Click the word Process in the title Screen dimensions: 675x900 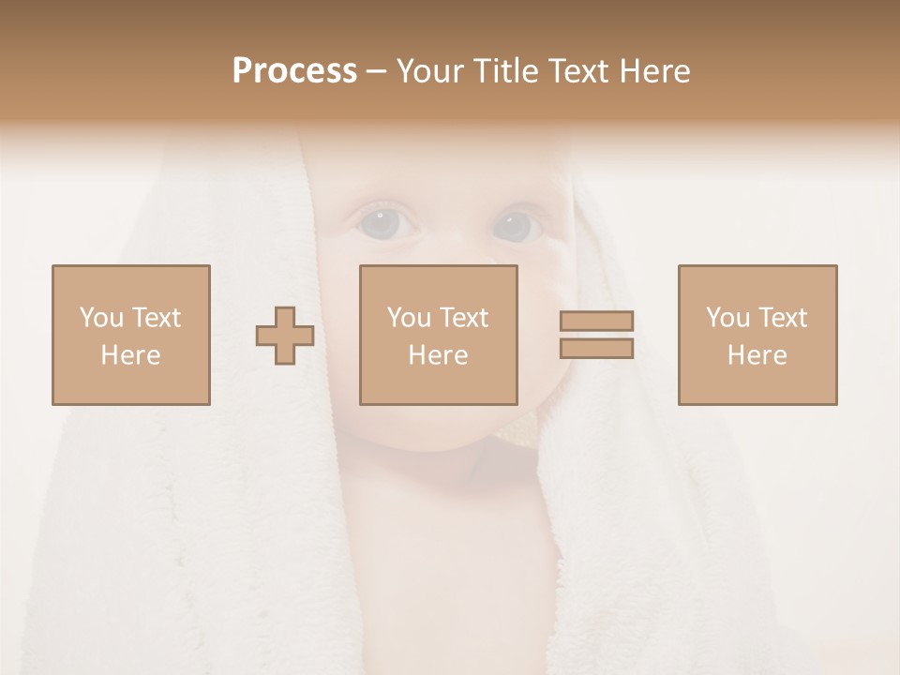294,71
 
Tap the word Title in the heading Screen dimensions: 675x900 508,71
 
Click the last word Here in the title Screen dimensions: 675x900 654,71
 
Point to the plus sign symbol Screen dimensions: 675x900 285,336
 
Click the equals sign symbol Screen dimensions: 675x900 596,335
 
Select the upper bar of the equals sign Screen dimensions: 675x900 596,321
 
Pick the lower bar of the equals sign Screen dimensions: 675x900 596,349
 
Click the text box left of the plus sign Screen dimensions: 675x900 131,336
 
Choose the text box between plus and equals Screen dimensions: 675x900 439,336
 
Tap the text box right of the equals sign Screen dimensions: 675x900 757,336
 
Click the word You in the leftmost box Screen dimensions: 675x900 101,318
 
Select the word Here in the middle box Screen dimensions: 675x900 439,355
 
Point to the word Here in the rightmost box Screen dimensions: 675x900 757,355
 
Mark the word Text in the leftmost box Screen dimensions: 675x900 155,318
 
